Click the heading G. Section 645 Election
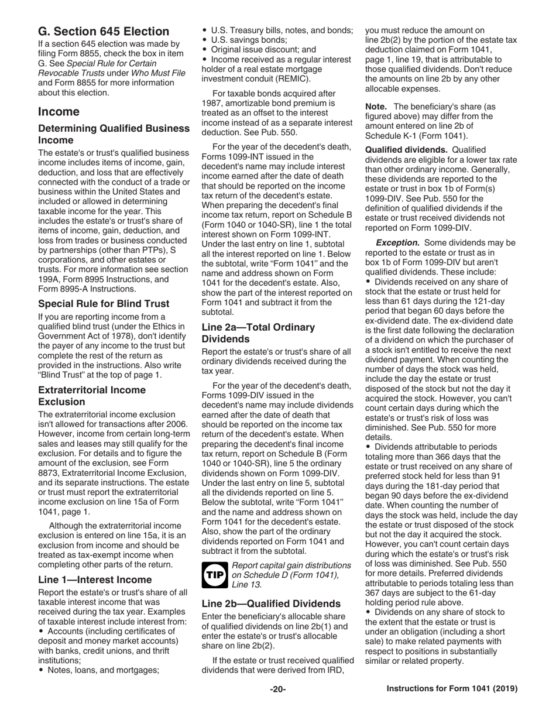[x=104, y=31]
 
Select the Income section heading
[x=59, y=111]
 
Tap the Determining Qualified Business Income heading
[x=114, y=134]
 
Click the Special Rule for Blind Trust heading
[x=104, y=303]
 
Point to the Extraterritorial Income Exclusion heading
[x=92, y=396]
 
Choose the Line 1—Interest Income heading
[x=95, y=580]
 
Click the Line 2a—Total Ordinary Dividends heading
[x=258, y=333]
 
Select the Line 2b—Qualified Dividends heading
[x=271, y=603]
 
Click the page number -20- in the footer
[x=277, y=689]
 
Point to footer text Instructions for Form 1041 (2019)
[x=452, y=689]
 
